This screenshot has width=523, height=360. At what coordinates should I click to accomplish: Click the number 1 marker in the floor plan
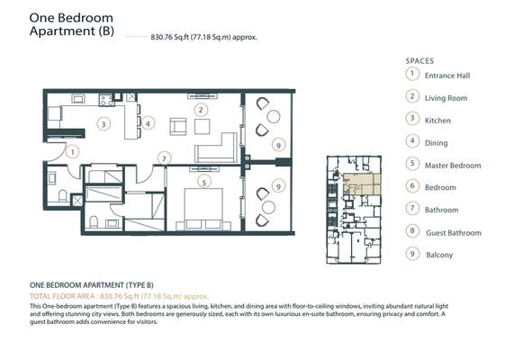(72, 152)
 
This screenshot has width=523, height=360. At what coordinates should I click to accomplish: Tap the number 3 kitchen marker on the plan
(104, 124)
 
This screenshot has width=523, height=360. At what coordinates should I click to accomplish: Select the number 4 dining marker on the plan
(148, 123)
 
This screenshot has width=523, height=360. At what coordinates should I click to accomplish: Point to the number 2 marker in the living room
(201, 110)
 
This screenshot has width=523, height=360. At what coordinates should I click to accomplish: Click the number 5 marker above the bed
(204, 182)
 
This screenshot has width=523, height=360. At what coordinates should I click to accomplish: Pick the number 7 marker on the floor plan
(164, 158)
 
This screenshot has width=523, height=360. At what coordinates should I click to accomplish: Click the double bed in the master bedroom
(203, 210)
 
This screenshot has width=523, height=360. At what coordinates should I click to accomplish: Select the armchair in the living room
(178, 127)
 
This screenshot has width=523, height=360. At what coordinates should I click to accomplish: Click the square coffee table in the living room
(203, 127)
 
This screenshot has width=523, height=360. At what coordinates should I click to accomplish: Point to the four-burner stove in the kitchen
(106, 100)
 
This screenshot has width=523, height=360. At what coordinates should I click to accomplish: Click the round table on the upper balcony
(274, 117)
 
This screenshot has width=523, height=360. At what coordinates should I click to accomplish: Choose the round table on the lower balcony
(268, 207)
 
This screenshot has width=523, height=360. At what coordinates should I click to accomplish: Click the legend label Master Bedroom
(453, 166)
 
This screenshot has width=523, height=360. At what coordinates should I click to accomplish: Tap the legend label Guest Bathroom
(454, 233)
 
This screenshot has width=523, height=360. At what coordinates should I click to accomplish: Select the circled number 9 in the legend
(412, 254)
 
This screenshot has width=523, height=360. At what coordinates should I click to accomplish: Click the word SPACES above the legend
(420, 61)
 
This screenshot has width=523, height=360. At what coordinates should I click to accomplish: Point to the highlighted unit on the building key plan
(362, 184)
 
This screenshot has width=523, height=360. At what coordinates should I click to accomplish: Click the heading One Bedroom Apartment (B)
(71, 24)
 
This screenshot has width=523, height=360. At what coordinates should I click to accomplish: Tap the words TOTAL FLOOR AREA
(62, 296)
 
